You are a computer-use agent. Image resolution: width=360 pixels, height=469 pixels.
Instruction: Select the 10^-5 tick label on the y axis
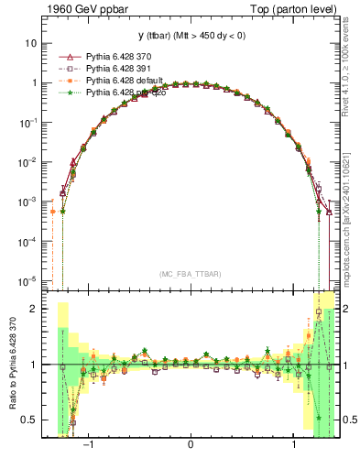click(27, 280)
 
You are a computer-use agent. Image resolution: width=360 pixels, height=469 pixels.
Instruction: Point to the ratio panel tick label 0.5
click(29, 420)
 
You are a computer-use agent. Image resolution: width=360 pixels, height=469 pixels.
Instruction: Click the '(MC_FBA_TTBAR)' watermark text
click(190, 274)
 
